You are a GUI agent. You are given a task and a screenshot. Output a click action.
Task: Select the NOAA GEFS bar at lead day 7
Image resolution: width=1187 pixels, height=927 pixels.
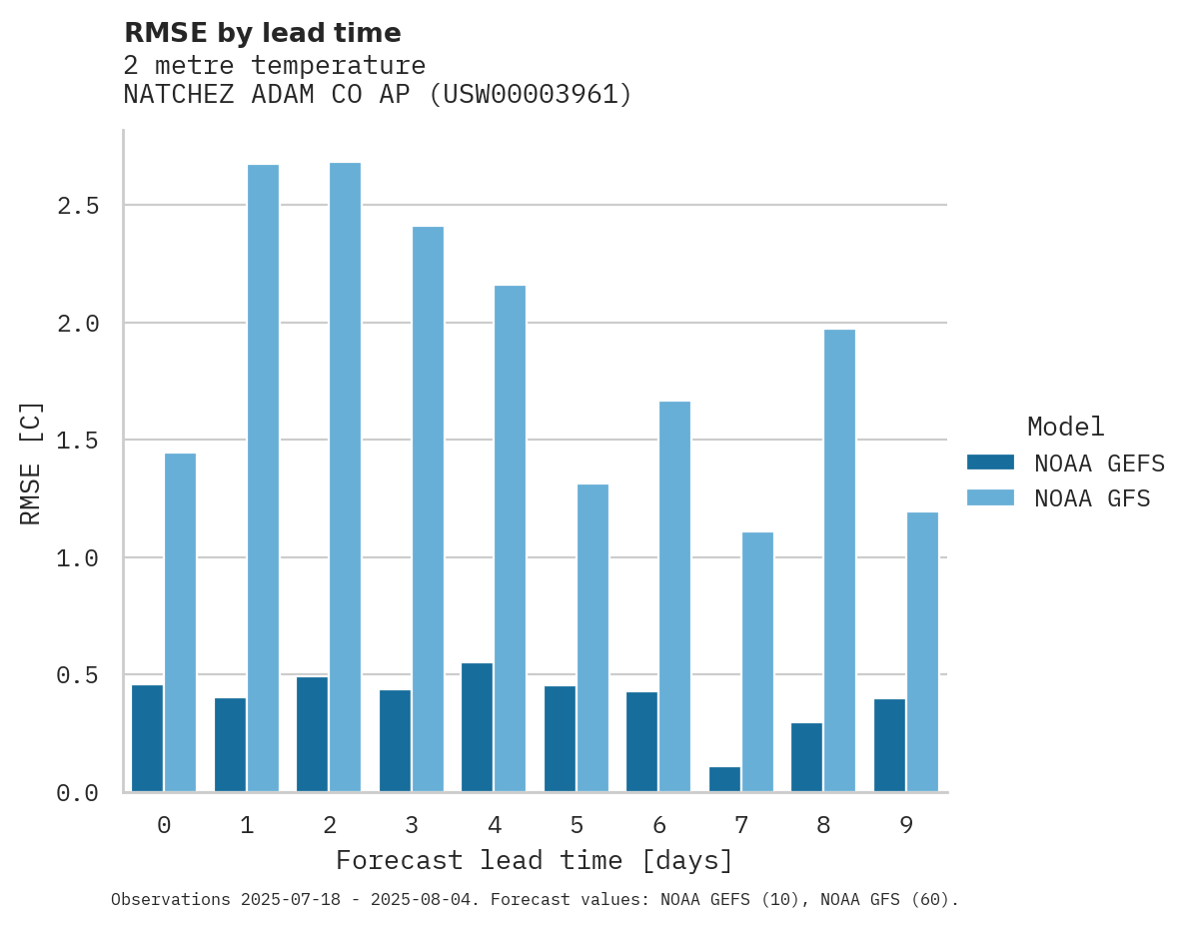724,779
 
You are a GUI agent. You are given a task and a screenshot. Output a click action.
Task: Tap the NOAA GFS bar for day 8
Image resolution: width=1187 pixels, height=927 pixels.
839,560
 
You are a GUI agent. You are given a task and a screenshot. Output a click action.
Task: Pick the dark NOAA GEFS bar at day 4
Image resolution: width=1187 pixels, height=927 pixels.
477,727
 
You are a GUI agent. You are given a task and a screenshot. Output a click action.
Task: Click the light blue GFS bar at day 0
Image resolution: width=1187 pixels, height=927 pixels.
180,622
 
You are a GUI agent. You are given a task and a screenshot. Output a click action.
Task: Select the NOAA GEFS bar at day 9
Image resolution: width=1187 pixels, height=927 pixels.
889,745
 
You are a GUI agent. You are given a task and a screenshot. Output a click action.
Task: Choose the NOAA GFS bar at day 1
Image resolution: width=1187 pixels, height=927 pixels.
263,477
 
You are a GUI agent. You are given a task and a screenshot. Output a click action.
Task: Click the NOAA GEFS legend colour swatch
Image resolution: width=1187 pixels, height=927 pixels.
990,463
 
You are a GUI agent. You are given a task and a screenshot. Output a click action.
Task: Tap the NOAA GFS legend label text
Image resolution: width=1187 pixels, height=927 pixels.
1092,498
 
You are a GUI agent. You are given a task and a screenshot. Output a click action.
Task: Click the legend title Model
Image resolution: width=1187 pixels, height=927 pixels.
1065,427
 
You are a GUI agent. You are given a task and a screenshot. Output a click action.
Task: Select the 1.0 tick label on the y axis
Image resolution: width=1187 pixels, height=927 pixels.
77,558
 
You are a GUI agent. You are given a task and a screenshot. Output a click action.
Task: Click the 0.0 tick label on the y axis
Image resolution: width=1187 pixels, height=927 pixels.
77,793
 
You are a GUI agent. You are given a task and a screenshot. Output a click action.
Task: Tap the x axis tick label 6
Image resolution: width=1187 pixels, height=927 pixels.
658,825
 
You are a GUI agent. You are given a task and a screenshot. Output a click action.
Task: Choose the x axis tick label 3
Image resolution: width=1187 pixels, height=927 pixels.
411,825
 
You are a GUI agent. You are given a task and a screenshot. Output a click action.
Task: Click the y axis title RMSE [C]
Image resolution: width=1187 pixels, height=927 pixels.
31,463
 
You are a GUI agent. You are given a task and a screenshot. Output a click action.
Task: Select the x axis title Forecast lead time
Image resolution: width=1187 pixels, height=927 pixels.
534,860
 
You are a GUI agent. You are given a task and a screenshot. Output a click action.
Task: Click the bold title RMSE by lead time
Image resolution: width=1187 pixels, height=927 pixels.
262,33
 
